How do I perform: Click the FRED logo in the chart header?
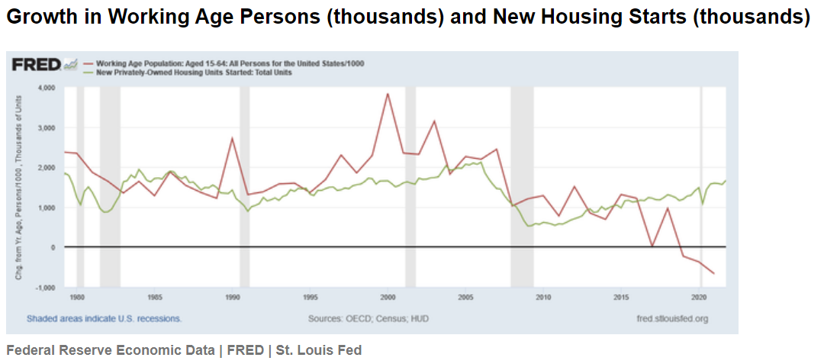pyautogui.click(x=36, y=65)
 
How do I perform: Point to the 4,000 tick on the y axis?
pyautogui.click(x=47, y=88)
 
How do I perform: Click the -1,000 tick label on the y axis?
pyautogui.click(x=46, y=287)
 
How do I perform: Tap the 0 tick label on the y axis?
pyautogui.click(x=53, y=247)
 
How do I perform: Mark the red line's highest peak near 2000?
pyautogui.click(x=388, y=94)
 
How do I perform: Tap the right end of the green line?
pyautogui.click(x=725, y=181)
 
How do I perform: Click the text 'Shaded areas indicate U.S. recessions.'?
pyautogui.click(x=104, y=318)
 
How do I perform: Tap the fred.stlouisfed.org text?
pyautogui.click(x=671, y=318)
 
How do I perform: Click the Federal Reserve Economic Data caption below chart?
pyautogui.click(x=184, y=350)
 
